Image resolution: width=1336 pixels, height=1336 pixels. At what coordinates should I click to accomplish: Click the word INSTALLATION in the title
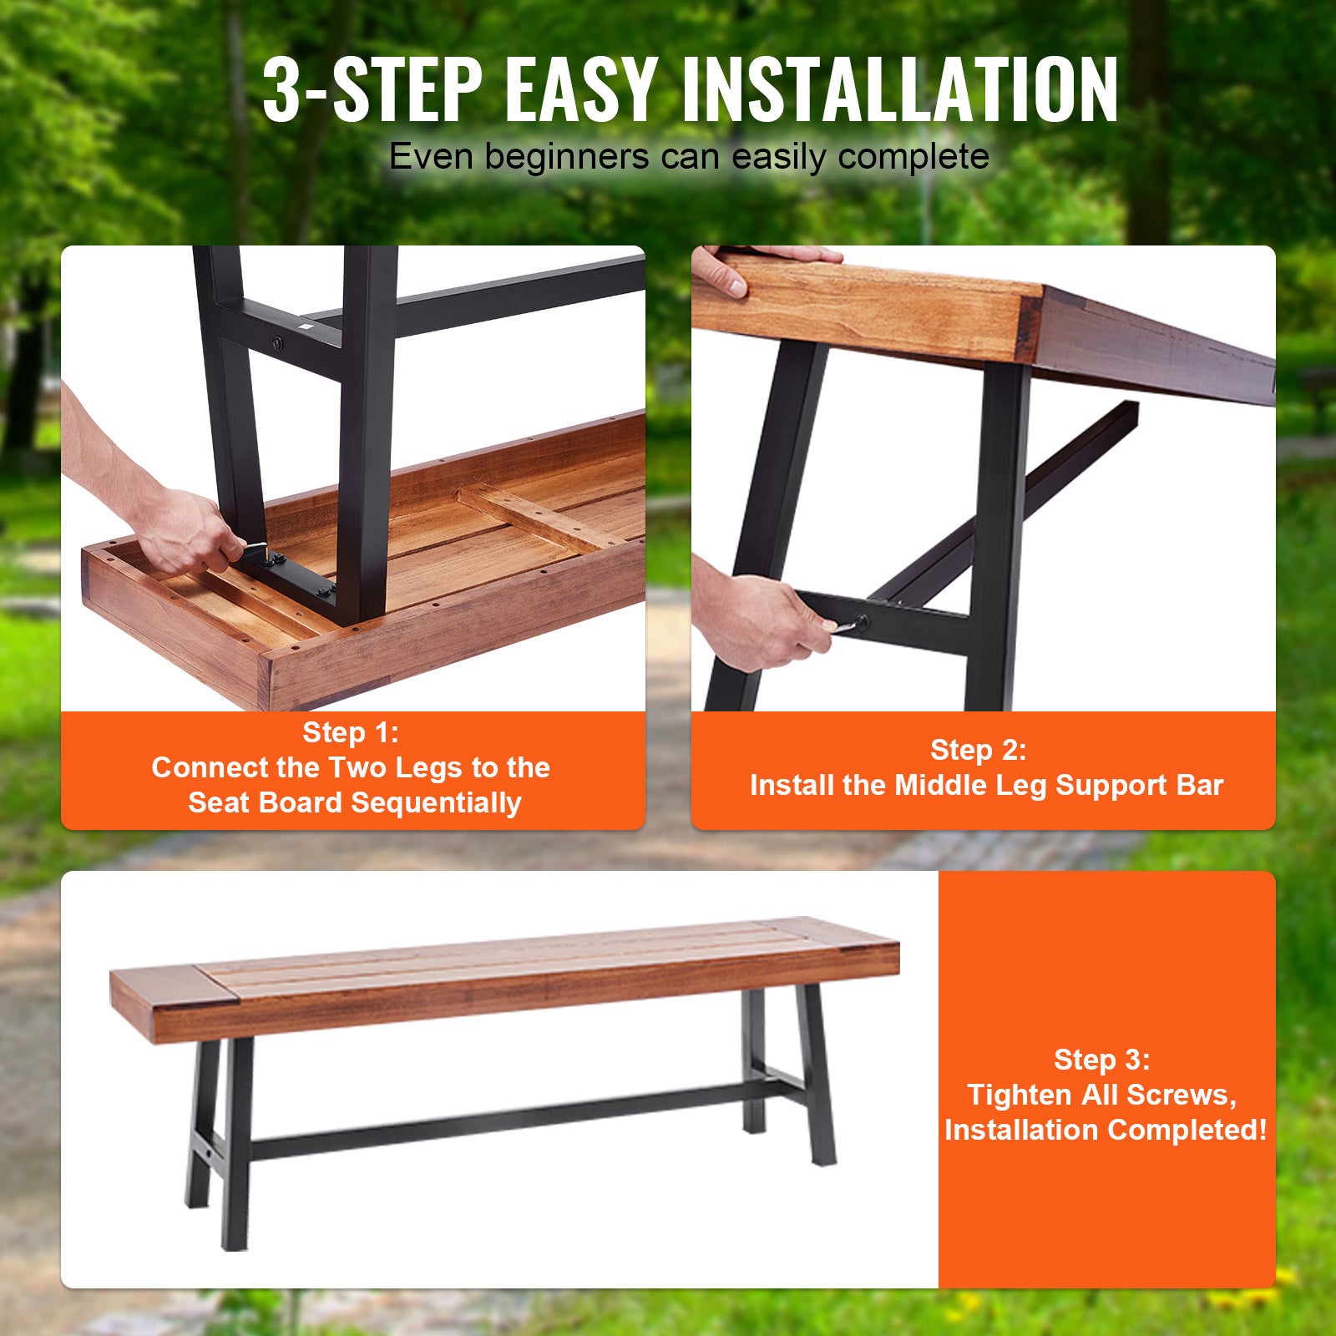pyautogui.click(x=900, y=89)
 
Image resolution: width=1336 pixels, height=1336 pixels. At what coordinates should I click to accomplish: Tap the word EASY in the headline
pyautogui.click(x=581, y=89)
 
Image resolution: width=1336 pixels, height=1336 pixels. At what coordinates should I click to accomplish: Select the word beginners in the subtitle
pyautogui.click(x=567, y=157)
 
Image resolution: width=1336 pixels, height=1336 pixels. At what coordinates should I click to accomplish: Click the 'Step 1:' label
pyautogui.click(x=351, y=732)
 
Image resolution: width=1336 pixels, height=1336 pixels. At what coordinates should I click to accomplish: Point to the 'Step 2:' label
pyautogui.click(x=979, y=750)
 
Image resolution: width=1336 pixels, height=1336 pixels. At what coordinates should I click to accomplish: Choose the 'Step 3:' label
pyautogui.click(x=1102, y=1060)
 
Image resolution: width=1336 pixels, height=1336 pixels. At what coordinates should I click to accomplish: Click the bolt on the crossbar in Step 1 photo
pyautogui.click(x=276, y=343)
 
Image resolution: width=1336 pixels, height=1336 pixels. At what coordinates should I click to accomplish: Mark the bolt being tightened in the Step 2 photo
pyautogui.click(x=861, y=622)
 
